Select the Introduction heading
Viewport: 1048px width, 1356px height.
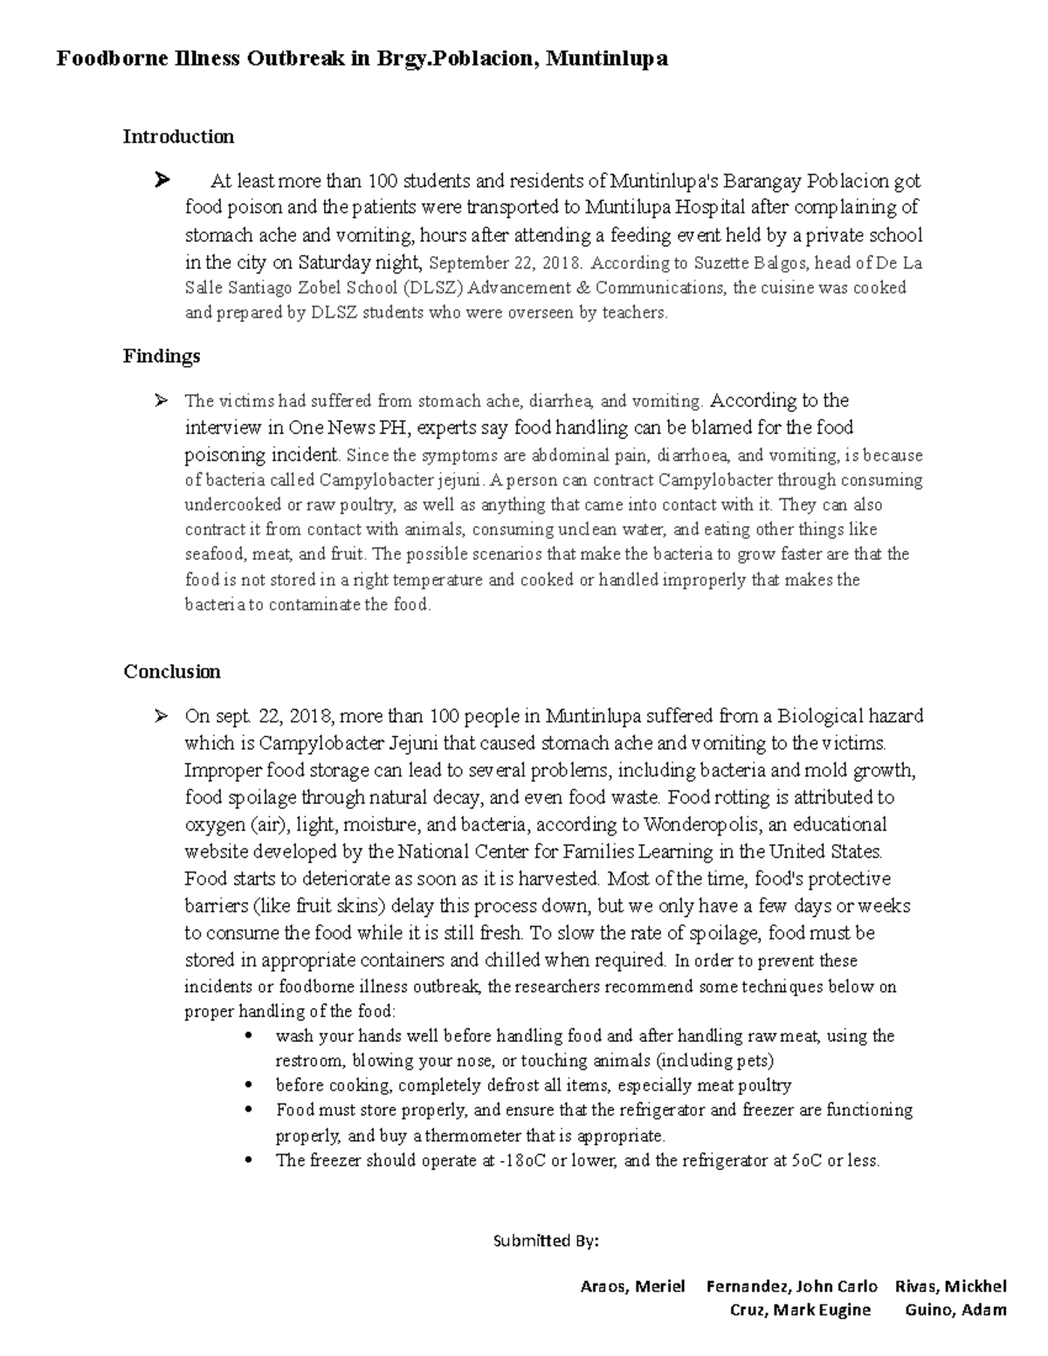[x=178, y=136]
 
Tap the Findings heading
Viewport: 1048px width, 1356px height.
[x=162, y=355]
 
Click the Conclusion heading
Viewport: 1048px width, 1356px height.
[x=172, y=671]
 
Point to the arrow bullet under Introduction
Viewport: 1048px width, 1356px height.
[x=161, y=182]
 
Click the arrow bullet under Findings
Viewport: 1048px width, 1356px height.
[x=161, y=401]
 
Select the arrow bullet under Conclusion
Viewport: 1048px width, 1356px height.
[x=161, y=717]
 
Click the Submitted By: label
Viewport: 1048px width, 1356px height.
[x=546, y=1241]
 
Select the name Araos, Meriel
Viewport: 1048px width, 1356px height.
[x=632, y=1286]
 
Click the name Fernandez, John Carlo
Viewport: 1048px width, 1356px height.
[x=791, y=1286]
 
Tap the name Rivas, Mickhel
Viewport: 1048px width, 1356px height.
[x=950, y=1286]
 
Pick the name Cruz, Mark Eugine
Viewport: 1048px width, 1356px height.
[x=800, y=1309]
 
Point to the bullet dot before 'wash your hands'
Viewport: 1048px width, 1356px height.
[x=250, y=1036]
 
